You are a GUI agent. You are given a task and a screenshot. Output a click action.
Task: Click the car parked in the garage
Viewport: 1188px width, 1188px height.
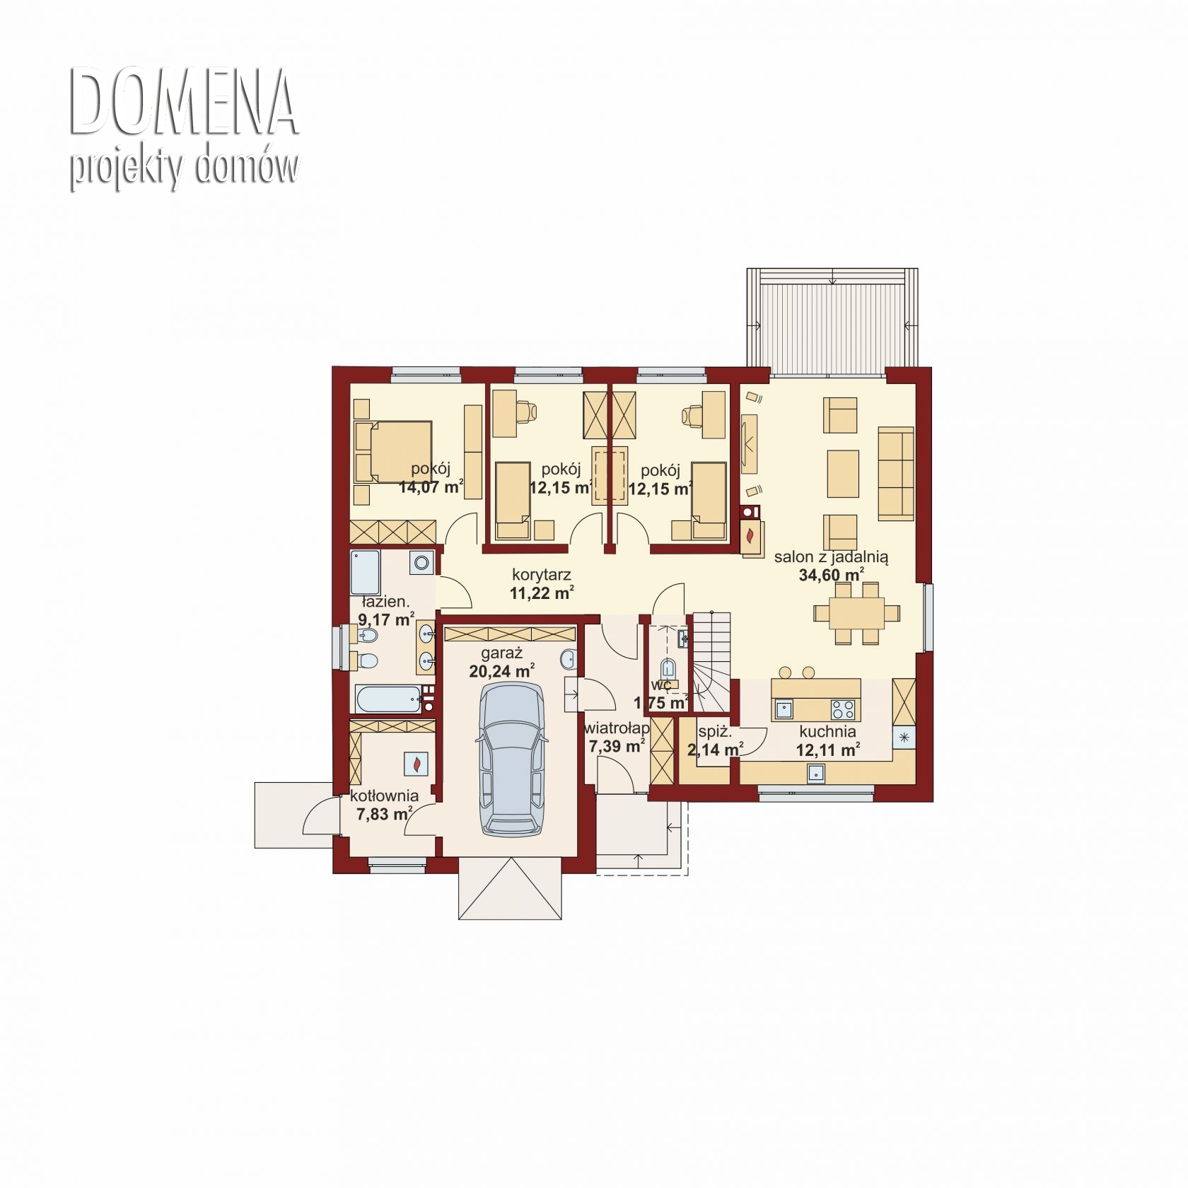tap(513, 760)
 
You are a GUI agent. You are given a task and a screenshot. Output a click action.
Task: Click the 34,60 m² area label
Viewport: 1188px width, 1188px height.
tap(832, 575)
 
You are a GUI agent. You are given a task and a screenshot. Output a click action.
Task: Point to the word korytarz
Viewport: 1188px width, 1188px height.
tap(541, 575)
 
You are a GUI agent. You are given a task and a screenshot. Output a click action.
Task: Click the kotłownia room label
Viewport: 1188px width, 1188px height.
tap(385, 796)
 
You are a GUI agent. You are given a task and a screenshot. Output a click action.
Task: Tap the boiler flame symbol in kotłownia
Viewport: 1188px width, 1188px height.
tap(418, 764)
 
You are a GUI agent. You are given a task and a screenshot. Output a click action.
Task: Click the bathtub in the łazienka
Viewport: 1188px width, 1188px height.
tap(389, 699)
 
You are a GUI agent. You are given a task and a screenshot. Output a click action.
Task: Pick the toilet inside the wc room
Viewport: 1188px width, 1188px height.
tap(667, 668)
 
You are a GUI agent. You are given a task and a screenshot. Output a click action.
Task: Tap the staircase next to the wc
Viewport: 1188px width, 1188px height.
tap(711, 661)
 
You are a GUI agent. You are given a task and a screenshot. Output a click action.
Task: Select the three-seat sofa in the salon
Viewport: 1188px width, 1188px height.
tap(895, 472)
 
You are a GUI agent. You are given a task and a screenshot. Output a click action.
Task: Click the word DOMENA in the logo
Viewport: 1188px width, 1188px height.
tap(184, 103)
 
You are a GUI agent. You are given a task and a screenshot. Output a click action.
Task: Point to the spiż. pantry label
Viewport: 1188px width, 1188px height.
tap(714, 732)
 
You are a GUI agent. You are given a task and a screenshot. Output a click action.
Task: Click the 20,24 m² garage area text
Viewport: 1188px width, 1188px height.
tap(501, 671)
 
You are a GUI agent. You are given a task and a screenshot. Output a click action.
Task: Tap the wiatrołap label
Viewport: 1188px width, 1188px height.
tap(617, 728)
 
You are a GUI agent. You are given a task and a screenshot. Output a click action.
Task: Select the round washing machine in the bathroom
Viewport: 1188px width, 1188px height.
tap(422, 563)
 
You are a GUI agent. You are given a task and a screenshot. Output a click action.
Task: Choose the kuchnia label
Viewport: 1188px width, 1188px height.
tap(827, 731)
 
